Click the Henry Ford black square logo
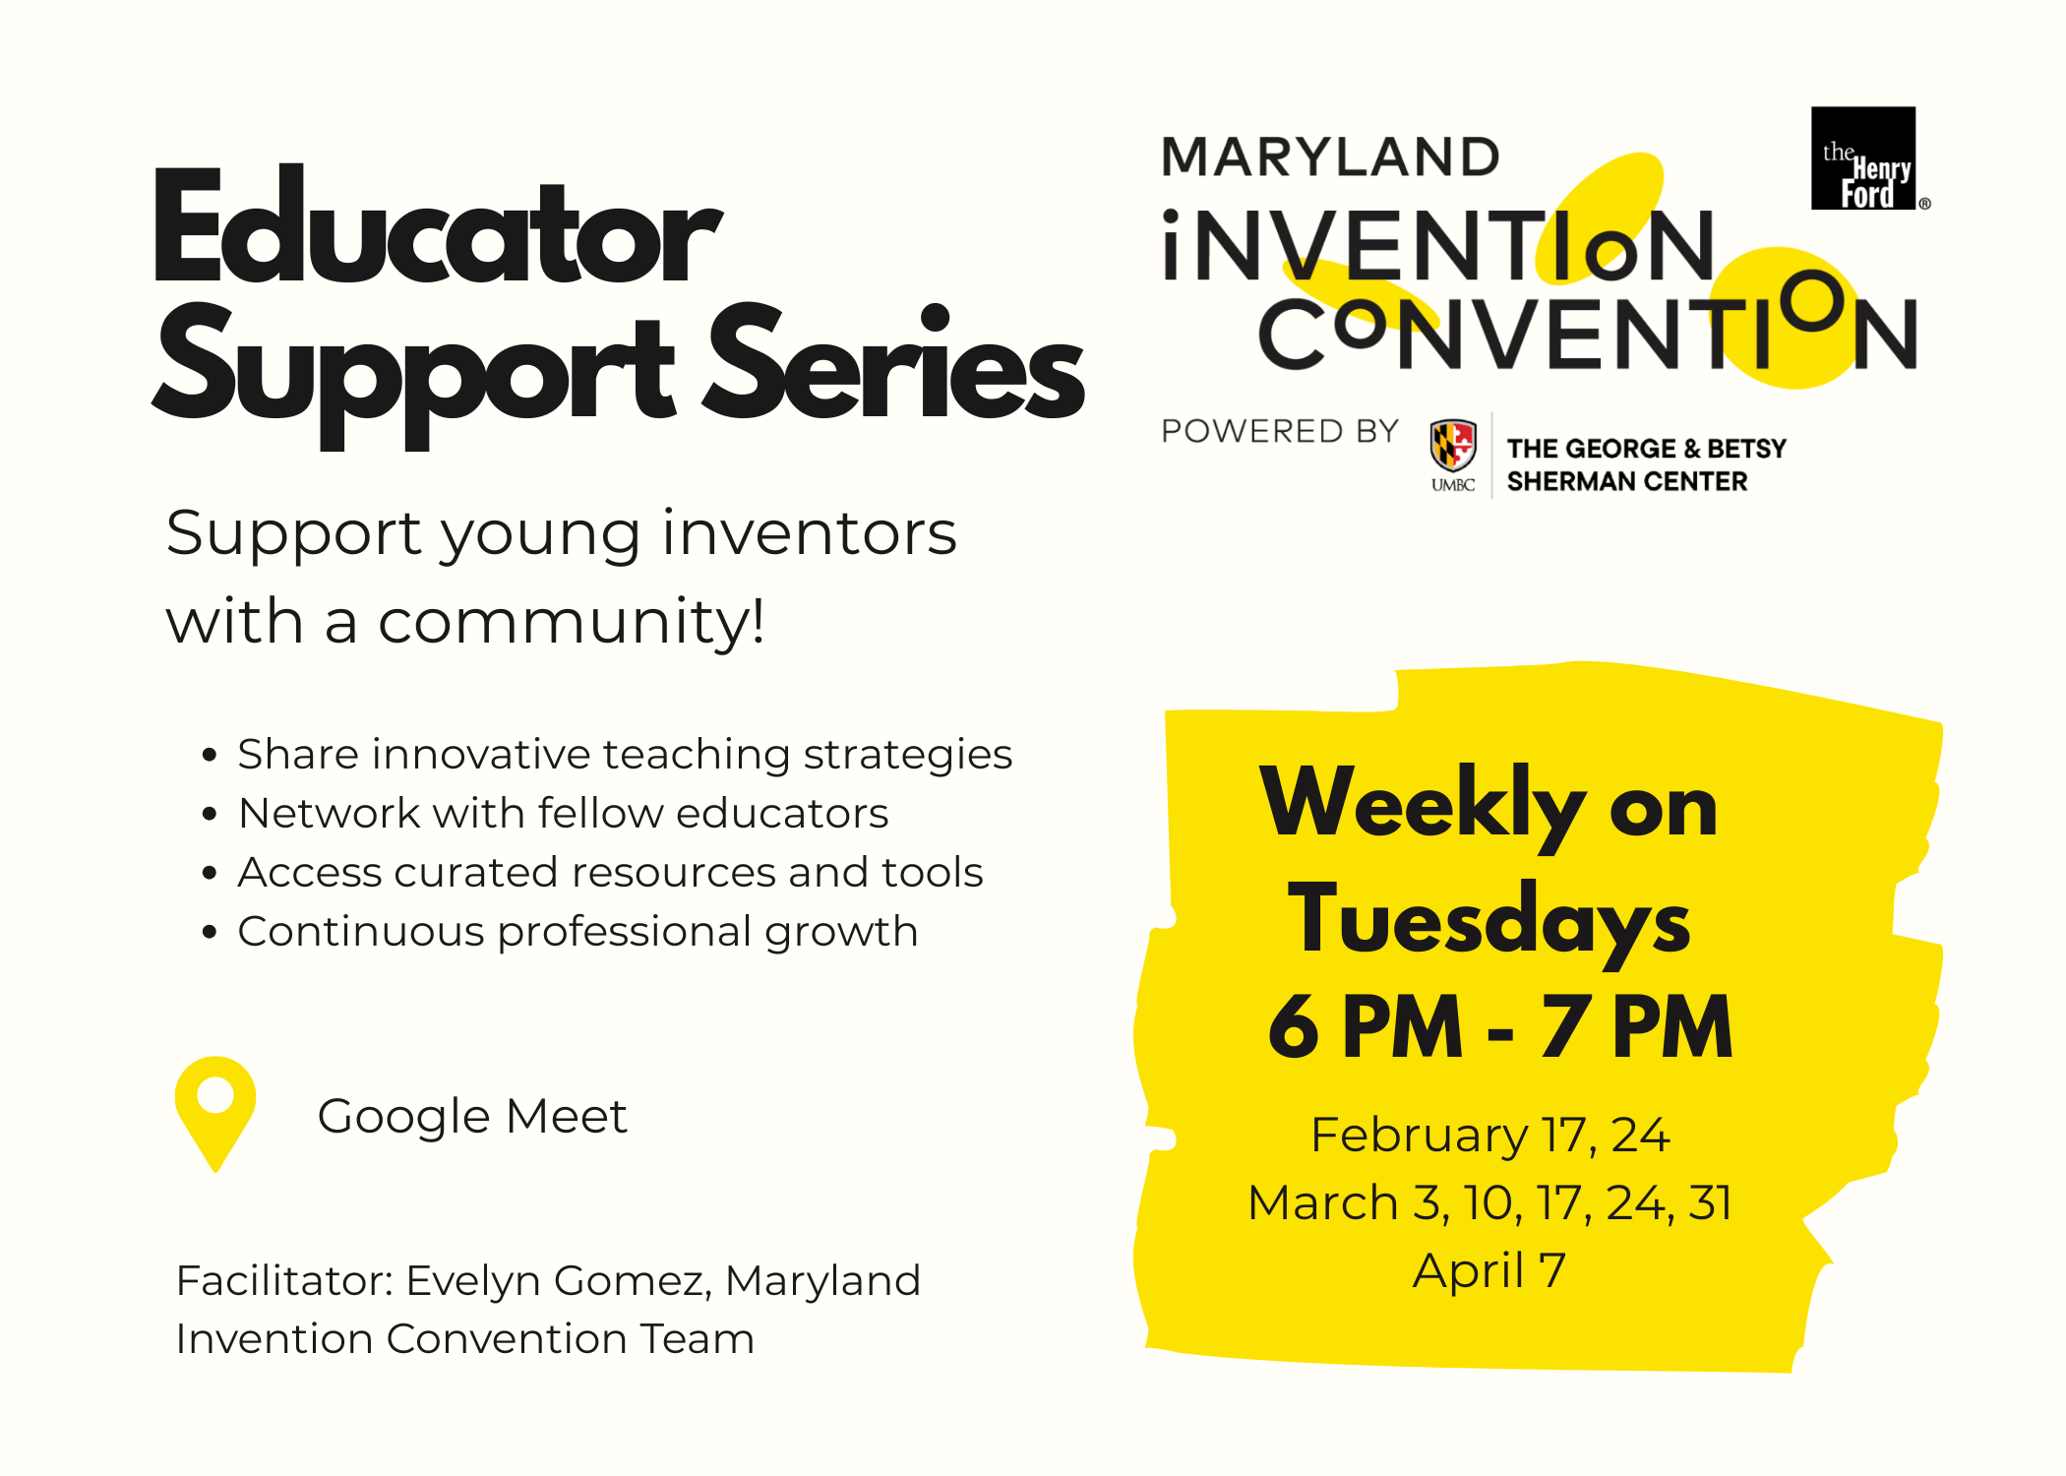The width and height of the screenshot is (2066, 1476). point(1863,158)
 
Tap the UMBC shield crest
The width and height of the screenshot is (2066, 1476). point(1453,445)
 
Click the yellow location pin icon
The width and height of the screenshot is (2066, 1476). point(215,1113)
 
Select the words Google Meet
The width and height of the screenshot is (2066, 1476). point(472,1117)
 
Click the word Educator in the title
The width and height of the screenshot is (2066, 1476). point(438,228)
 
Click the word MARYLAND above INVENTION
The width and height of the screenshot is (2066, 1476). point(1331,157)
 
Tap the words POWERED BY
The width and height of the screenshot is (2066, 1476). point(1280,431)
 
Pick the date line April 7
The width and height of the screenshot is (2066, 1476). point(1489,1270)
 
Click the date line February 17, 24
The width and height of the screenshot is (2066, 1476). point(1490,1135)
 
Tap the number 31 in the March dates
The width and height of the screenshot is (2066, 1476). point(1710,1202)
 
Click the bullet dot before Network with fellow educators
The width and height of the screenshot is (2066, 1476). point(209,814)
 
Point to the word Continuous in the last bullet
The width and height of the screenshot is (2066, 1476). point(361,931)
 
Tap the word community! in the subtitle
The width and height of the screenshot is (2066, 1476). point(572,622)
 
